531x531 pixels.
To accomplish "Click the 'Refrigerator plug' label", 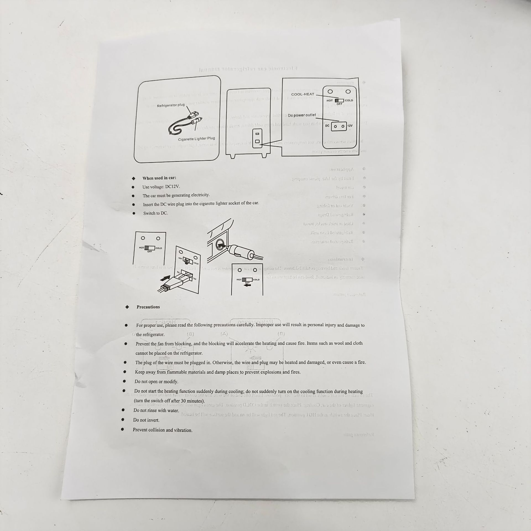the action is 171,105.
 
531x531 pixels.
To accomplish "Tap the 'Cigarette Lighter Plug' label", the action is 196,139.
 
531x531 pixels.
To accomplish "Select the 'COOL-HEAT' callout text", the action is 303,94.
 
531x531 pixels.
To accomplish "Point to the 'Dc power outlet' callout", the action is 302,115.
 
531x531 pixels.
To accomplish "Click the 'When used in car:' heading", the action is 159,178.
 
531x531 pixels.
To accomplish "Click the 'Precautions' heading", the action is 148,307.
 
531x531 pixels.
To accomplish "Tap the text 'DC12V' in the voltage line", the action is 172,186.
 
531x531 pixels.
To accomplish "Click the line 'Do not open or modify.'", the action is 156,381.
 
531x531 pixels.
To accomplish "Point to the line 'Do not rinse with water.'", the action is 156,410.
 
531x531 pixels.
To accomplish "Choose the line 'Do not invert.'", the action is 146,420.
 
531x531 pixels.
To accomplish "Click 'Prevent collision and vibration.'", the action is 162,430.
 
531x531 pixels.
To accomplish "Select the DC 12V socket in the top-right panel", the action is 339,126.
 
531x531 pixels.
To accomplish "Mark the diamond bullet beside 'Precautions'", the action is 127,307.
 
